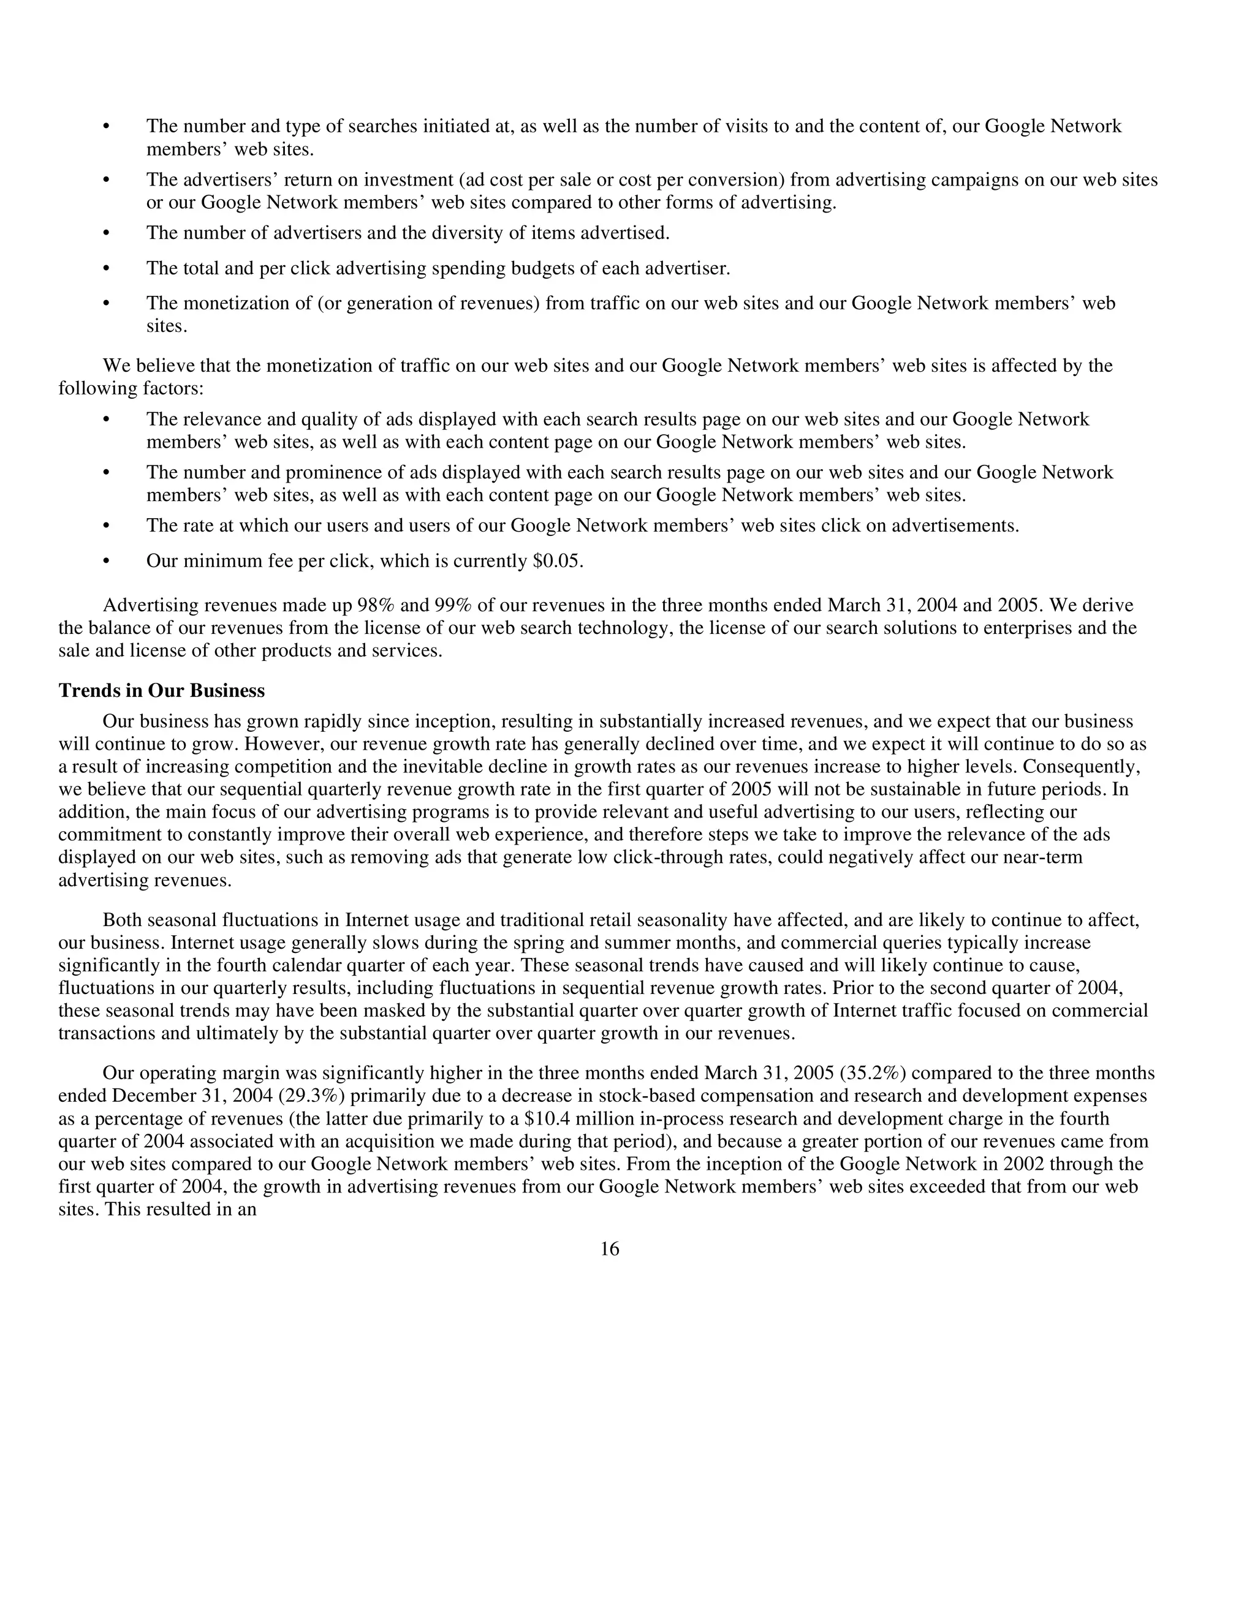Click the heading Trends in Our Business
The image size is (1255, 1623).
[x=161, y=691]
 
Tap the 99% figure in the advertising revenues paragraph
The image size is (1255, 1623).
[x=443, y=606]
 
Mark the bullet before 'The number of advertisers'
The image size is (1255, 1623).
[x=105, y=234]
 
